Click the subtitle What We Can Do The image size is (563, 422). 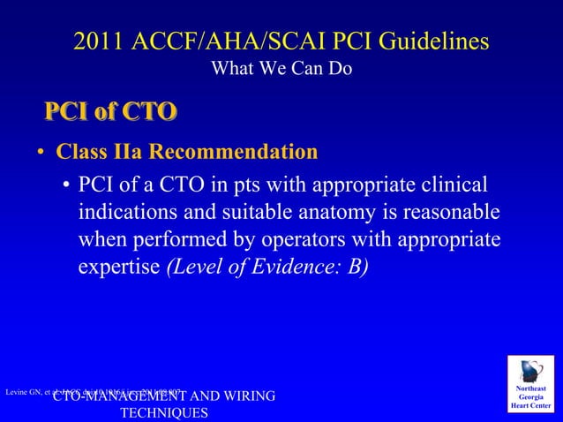pyautogui.click(x=281, y=68)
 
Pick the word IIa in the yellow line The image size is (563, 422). pyautogui.click(x=127, y=152)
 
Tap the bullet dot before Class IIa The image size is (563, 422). pyautogui.click(x=41, y=154)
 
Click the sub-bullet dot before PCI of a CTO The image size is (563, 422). pyautogui.click(x=66, y=187)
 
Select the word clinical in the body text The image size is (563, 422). pyautogui.click(x=450, y=186)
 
